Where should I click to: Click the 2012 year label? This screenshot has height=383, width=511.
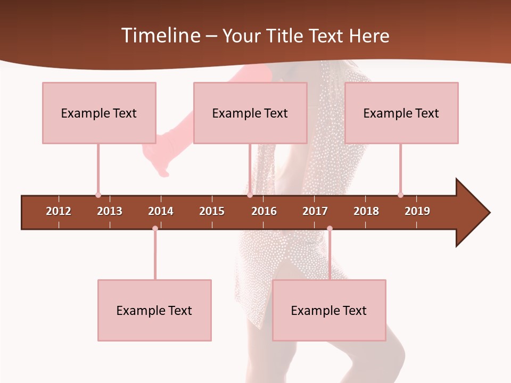[59, 211]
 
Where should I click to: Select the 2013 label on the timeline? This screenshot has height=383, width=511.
[110, 211]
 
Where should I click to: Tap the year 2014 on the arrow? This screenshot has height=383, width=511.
[161, 211]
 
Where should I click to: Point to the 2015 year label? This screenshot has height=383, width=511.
[212, 211]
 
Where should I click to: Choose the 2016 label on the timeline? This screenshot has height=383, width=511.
[264, 211]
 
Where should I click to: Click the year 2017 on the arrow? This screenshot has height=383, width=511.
[315, 211]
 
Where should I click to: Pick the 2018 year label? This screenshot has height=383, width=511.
[366, 211]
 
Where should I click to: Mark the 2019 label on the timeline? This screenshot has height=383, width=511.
[417, 211]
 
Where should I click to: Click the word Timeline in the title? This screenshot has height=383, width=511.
[160, 36]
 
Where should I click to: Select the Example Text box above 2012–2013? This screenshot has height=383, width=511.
[99, 113]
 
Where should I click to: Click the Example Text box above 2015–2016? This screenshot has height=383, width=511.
[250, 113]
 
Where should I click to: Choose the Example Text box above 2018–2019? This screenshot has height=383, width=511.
[401, 113]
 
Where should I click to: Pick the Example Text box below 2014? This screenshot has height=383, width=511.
[154, 310]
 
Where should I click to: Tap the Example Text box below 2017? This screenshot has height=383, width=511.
[329, 310]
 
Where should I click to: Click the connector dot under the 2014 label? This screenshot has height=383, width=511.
[155, 229]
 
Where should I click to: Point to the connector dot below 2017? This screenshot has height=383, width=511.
[329, 229]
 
